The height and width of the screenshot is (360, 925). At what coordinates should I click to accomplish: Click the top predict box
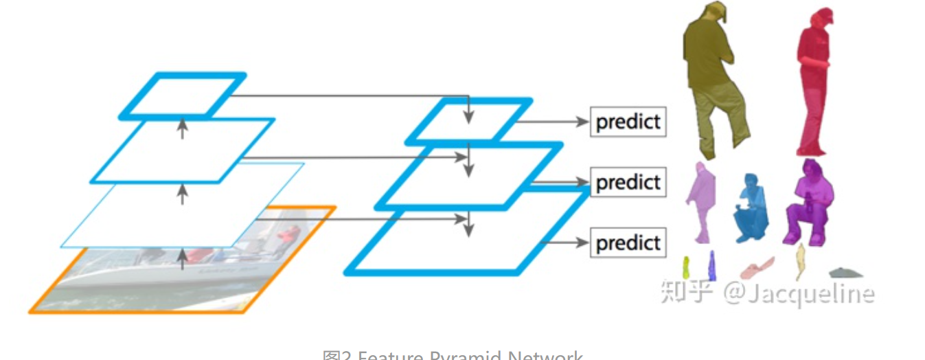point(628,122)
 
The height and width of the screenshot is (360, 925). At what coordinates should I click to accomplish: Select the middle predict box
point(628,183)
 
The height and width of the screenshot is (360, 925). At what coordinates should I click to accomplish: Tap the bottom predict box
point(628,243)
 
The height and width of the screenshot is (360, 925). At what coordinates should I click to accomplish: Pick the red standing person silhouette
point(814,82)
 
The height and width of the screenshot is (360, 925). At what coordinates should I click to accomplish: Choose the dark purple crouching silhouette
point(810,203)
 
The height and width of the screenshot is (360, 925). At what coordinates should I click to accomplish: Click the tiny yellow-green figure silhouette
point(685,268)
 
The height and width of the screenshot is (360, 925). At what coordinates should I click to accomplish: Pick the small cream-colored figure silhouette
point(800,261)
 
